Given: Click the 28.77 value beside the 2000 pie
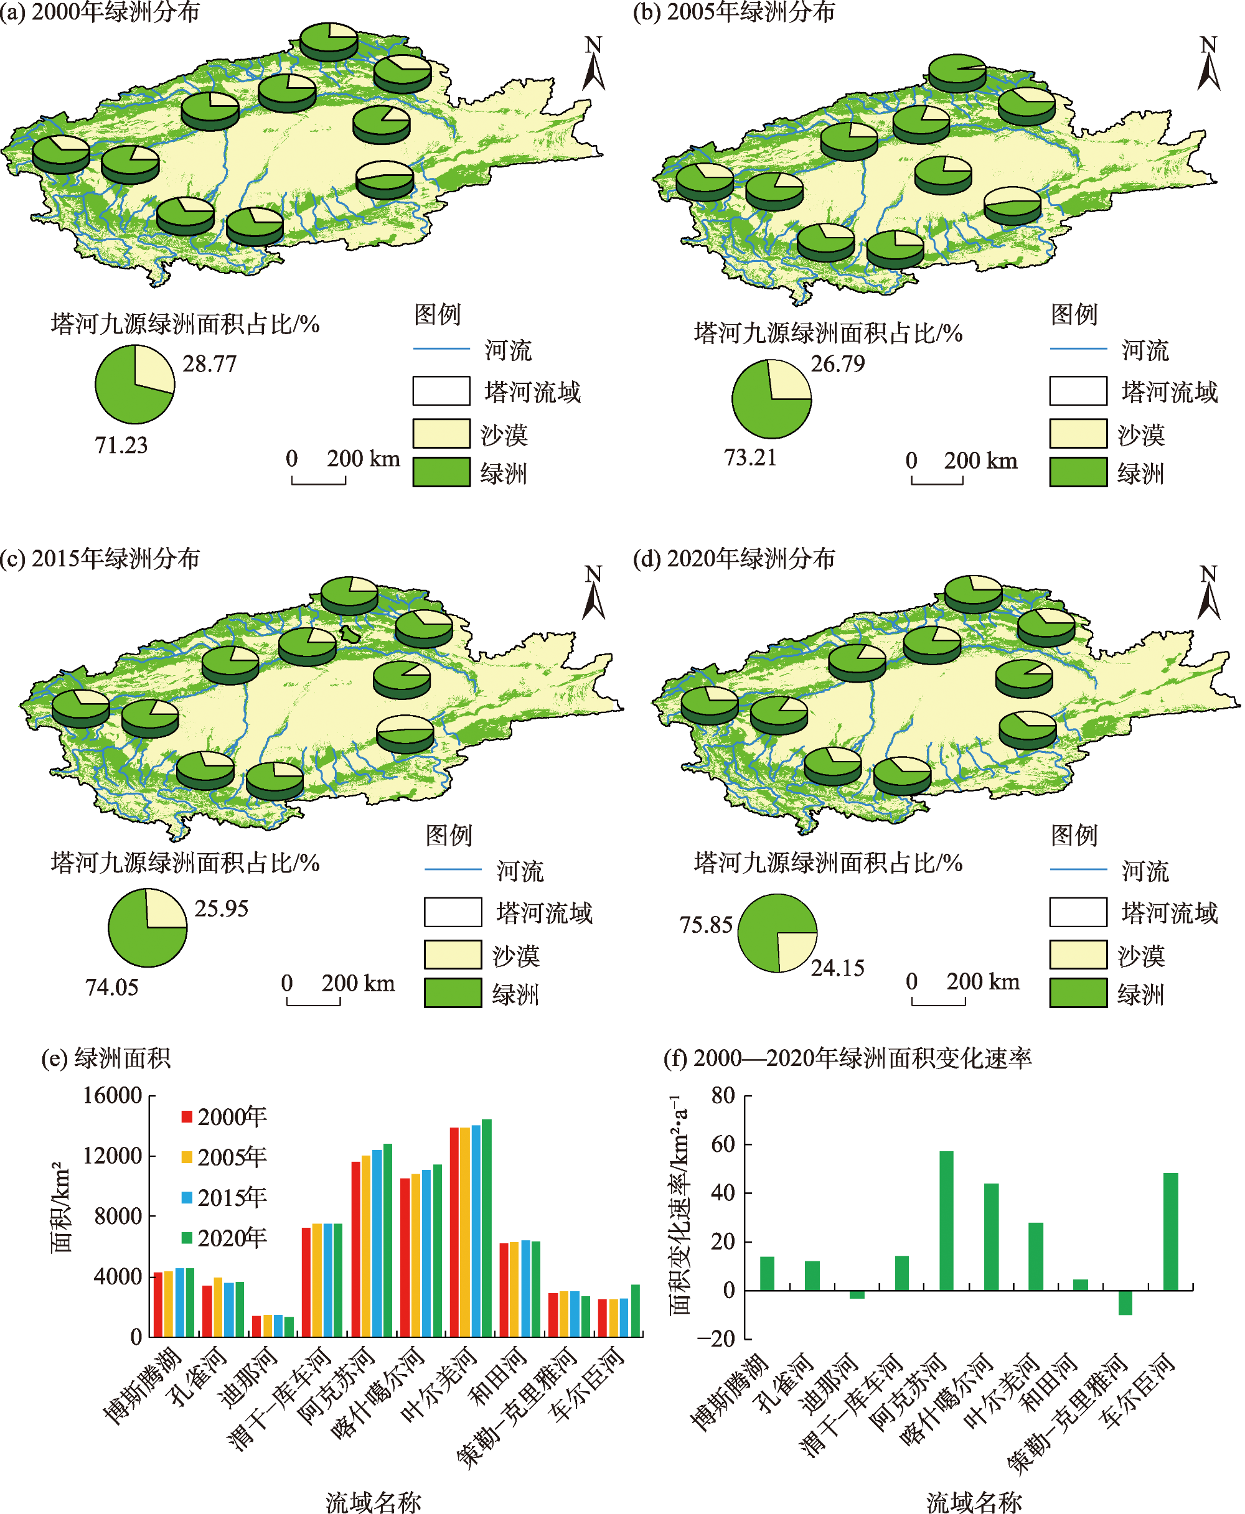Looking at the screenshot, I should pyautogui.click(x=209, y=364).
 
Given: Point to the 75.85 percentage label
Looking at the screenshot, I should pyautogui.click(x=706, y=925).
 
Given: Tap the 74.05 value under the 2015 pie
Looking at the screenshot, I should pyautogui.click(x=111, y=988).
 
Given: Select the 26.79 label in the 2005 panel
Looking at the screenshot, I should pyautogui.click(x=838, y=364).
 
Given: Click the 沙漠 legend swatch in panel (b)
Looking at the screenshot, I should pyautogui.click(x=1078, y=434).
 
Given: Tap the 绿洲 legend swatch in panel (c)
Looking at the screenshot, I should pyautogui.click(x=453, y=993).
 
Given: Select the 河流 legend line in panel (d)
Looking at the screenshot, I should pyautogui.click(x=1078, y=869).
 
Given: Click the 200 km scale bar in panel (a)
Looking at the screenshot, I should pyautogui.click(x=319, y=480).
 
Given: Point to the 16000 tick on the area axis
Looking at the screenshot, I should pyautogui.click(x=113, y=1095).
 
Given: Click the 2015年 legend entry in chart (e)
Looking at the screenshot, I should pyautogui.click(x=223, y=1197).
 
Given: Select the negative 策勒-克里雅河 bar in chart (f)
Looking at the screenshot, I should pyautogui.click(x=1125, y=1302).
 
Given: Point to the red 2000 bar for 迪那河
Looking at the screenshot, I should pyautogui.click(x=256, y=1326).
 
